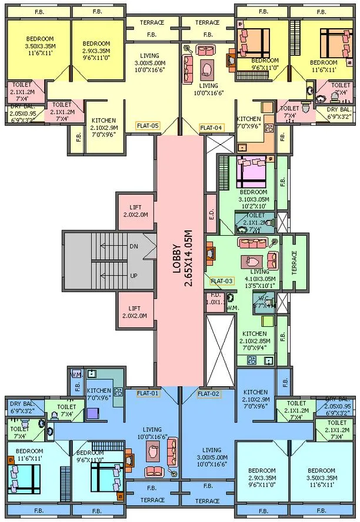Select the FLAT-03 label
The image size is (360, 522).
pyautogui.click(x=222, y=281)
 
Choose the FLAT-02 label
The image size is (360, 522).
pyautogui.click(x=208, y=393)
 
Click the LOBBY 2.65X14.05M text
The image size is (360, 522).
pyautogui.click(x=180, y=257)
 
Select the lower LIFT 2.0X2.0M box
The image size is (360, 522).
pyautogui.click(x=136, y=312)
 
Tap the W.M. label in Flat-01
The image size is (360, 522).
pyautogui.click(x=76, y=374)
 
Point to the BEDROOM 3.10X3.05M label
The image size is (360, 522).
pyautogui.click(x=253, y=199)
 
